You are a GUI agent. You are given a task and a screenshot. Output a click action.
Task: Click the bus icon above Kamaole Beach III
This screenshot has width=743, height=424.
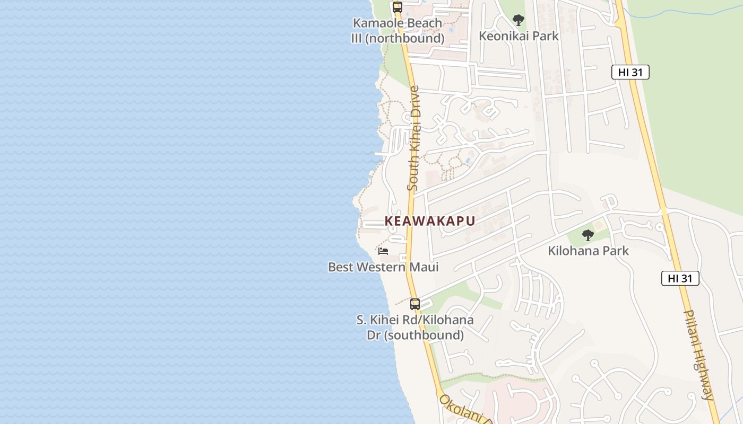coord(398,7)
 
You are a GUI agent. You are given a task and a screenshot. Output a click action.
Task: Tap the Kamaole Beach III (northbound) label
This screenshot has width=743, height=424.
coord(398,31)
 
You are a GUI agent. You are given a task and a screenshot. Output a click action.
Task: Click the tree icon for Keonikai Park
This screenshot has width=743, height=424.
coord(519,21)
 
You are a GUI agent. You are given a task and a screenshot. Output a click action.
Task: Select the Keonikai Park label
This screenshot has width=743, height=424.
coord(519,36)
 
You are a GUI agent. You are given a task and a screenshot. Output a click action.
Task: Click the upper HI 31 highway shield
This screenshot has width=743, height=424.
coord(630,72)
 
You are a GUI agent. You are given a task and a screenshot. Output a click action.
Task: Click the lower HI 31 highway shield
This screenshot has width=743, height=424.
coord(680,278)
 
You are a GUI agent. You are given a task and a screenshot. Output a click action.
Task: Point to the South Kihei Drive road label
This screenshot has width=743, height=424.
coord(414,138)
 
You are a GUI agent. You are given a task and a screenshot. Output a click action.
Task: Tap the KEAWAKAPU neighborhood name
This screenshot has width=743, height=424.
coord(429,221)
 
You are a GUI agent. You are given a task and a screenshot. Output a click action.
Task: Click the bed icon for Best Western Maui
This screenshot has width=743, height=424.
coord(383,251)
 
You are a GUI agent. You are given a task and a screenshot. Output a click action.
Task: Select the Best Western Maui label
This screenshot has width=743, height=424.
coord(383,267)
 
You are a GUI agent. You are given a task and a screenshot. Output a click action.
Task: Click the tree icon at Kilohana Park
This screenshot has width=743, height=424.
coord(588,235)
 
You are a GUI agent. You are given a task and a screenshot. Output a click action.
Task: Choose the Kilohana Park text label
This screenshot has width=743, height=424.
coord(588,251)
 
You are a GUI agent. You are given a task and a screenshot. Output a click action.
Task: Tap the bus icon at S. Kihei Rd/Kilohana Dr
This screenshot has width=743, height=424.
coord(415,304)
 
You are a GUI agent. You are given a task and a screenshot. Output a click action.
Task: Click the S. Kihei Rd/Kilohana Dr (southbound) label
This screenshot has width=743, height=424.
coord(415,328)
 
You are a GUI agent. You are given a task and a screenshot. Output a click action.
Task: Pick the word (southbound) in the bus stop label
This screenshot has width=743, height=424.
coord(425,335)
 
